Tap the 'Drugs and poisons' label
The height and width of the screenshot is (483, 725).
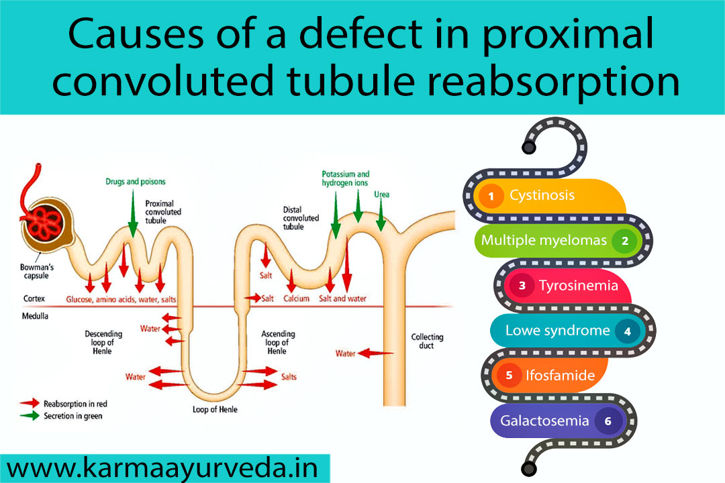135,182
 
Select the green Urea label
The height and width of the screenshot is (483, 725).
381,195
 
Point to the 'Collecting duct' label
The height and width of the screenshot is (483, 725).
427,341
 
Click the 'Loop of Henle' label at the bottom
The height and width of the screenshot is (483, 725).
215,409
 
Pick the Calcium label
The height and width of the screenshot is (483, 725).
296,299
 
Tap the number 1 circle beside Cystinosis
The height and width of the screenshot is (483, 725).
491,196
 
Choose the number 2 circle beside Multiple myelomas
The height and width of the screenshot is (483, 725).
624,240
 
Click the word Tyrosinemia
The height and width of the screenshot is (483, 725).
578,286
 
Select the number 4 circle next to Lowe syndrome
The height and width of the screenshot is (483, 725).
627,331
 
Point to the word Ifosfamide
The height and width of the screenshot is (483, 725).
561,376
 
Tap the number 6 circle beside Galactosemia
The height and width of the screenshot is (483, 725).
608,421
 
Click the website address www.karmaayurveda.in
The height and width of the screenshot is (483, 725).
164,467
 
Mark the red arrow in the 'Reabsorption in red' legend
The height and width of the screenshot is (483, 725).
30,404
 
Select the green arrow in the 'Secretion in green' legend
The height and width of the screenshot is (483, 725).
30,416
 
